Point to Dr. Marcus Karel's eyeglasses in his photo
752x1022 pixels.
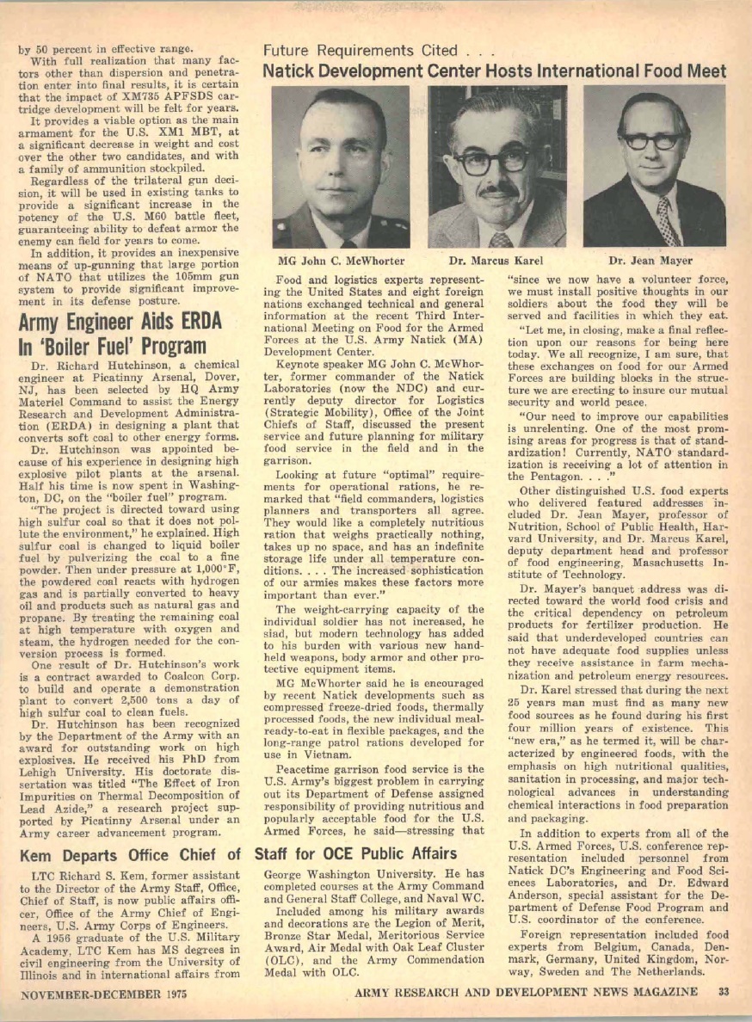(491, 160)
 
